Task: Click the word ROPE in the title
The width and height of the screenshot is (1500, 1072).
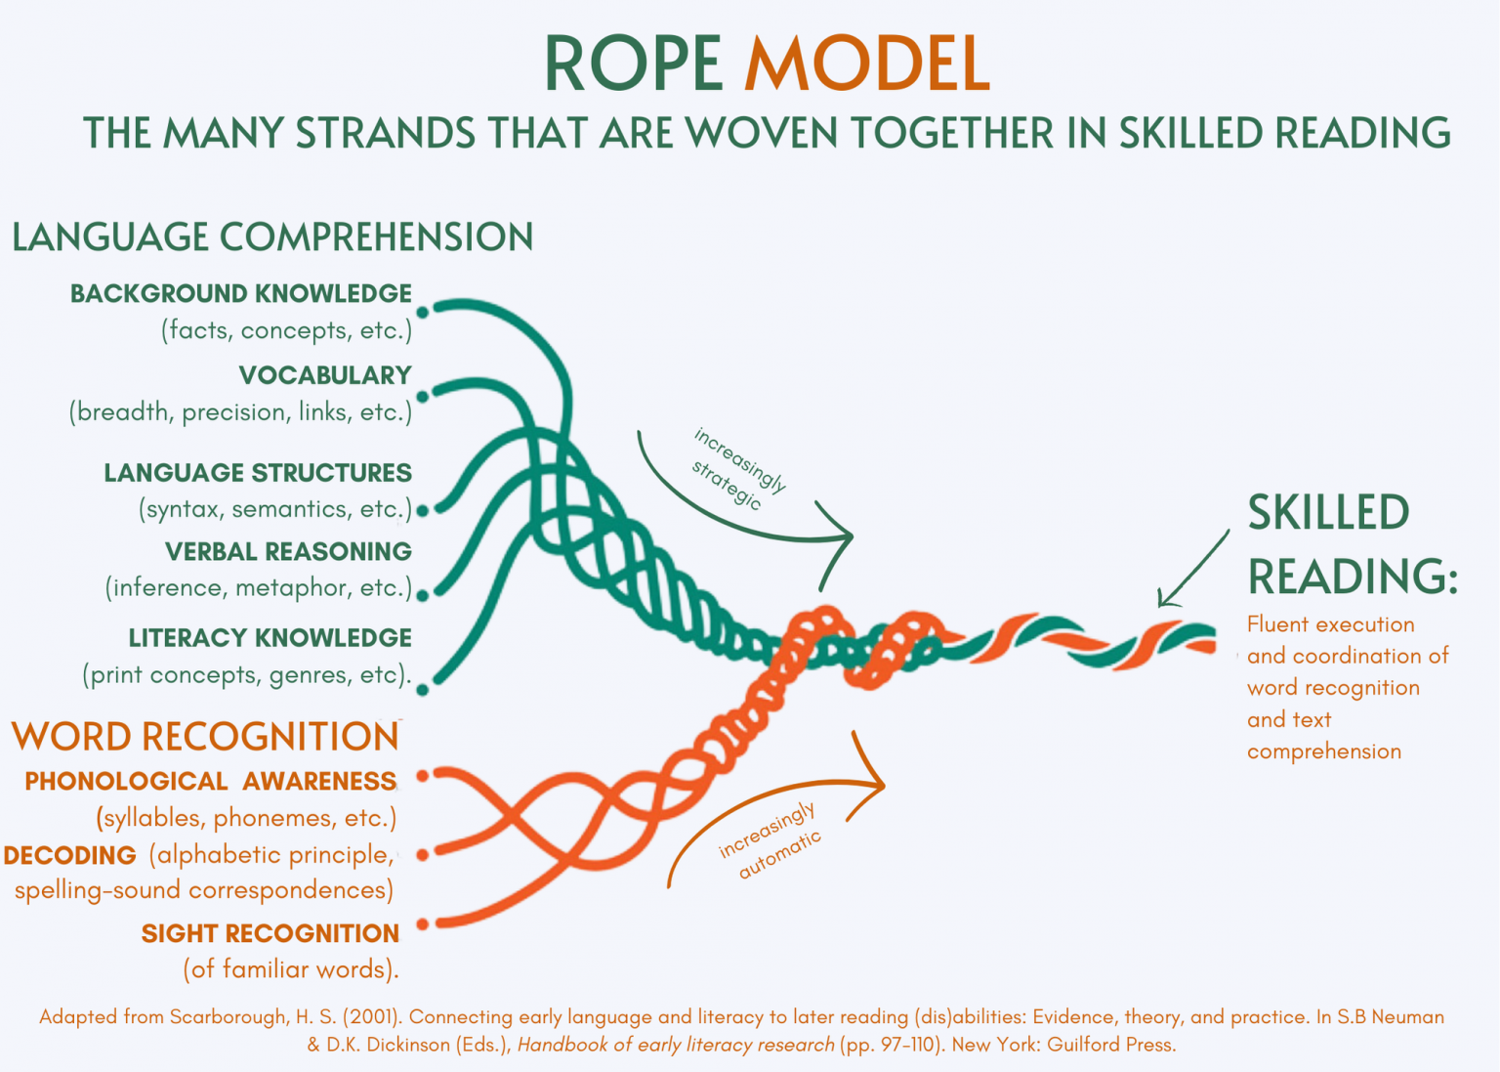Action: tap(633, 64)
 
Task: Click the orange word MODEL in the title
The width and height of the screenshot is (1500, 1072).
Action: tap(867, 64)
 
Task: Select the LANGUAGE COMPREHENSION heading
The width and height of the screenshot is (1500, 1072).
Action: tap(272, 237)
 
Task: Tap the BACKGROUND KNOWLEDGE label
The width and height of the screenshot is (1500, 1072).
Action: tap(241, 293)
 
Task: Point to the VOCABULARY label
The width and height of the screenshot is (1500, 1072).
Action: tap(325, 375)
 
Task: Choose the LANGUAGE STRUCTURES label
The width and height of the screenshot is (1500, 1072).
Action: tap(258, 473)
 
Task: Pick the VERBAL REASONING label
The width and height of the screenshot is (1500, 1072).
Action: tap(288, 551)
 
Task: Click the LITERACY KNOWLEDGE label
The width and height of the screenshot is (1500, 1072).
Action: tap(270, 638)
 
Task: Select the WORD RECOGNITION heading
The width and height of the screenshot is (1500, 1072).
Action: tap(205, 737)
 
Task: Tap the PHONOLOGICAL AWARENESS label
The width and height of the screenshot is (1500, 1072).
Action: tap(210, 782)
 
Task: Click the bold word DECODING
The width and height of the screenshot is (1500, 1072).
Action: tap(70, 856)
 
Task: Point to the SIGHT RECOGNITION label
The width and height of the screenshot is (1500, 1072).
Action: tap(270, 933)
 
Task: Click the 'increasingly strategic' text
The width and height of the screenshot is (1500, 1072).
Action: tap(738, 468)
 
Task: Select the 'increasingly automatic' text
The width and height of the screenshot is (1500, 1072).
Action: tap(771, 840)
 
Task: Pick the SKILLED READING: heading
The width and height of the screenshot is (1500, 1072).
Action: tap(1352, 544)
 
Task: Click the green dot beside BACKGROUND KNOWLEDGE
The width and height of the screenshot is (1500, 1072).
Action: tap(423, 312)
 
